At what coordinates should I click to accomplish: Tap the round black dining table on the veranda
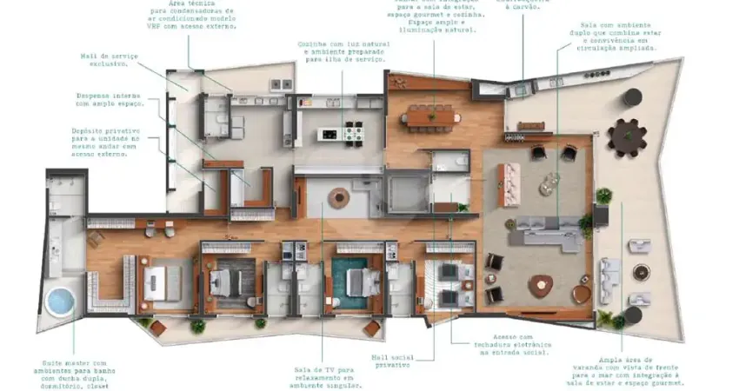[x=627, y=136]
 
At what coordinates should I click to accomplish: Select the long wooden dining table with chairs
[x=431, y=114]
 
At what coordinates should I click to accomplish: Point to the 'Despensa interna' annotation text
[x=108, y=95]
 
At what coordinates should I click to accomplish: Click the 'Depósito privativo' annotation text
[x=103, y=130]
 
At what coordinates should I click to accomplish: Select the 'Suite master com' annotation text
[x=74, y=362]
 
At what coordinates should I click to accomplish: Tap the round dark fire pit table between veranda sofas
[x=641, y=271]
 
